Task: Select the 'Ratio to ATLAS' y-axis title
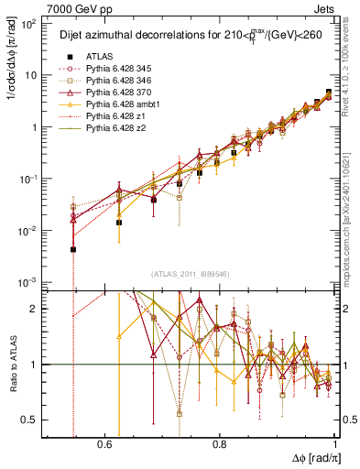[x=13, y=366]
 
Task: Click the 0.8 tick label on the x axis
[x=219, y=442]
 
